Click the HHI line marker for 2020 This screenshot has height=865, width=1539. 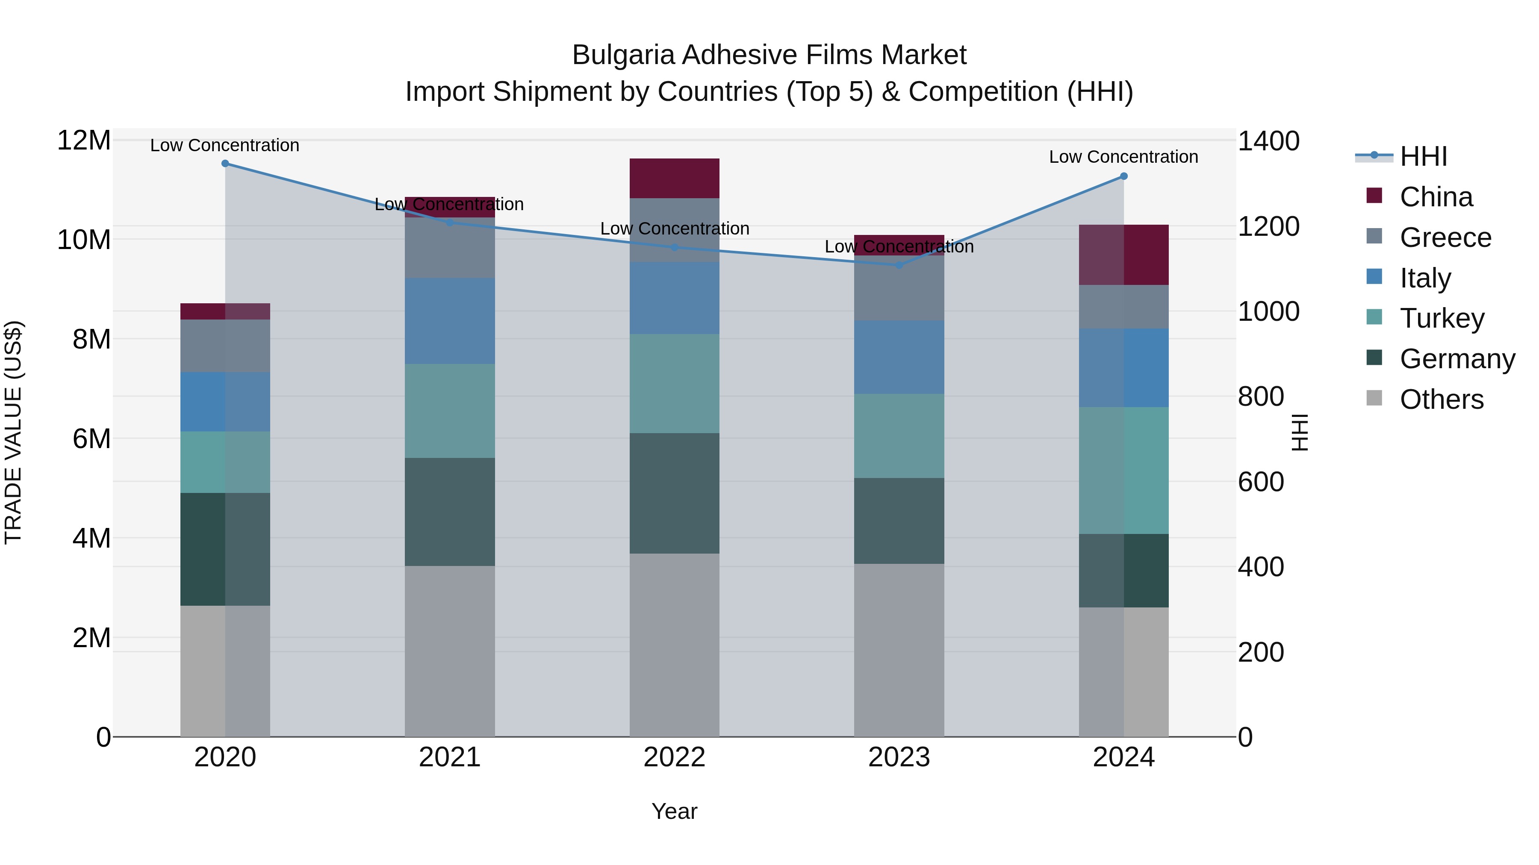coord(225,164)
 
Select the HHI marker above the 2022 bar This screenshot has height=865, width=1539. coord(675,247)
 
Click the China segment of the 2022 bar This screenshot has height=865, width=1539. coord(675,178)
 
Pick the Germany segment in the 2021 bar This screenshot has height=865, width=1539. coord(450,512)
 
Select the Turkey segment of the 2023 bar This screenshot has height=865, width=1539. coord(899,436)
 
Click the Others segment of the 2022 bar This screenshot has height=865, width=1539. coord(675,645)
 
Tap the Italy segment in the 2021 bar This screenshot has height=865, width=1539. coord(450,321)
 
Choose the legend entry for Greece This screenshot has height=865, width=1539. coord(1445,238)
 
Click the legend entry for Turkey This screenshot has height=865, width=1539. coord(1442,318)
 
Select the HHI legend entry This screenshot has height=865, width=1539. coord(1423,156)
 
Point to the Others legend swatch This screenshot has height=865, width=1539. coord(1374,398)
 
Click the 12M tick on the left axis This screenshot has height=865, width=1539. coord(84,141)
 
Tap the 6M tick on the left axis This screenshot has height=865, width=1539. coord(91,439)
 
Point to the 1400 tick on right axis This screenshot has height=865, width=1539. coord(1268,141)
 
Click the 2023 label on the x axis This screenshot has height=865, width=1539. coord(899,757)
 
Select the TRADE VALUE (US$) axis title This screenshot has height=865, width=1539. coord(13,432)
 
